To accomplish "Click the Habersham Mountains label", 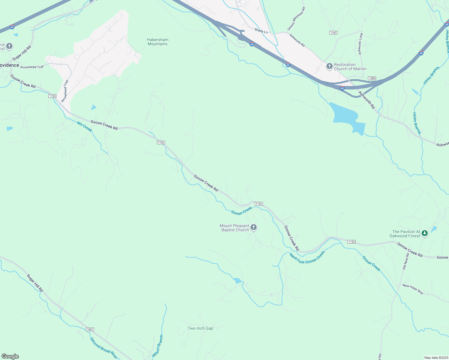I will coord(158,42).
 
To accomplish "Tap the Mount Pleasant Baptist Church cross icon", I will coord(254,228).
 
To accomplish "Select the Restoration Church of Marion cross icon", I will coord(330,66).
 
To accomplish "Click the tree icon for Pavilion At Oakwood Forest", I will coord(424,233).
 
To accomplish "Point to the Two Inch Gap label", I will coord(200,328).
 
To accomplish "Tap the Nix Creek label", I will coord(84,126).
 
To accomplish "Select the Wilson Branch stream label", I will coord(158,346).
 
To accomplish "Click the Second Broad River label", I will coord(104,348).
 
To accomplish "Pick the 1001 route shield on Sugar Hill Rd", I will coord(90,329).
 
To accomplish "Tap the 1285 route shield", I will coord(372,78).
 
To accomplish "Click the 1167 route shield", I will coord(333,33).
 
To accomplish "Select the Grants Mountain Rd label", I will coord(296,19).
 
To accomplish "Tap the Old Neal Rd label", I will coord(406,261).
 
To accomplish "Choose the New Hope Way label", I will coord(413,289).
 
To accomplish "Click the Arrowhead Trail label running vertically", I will coord(65,91).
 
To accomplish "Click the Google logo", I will coord(10,356).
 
